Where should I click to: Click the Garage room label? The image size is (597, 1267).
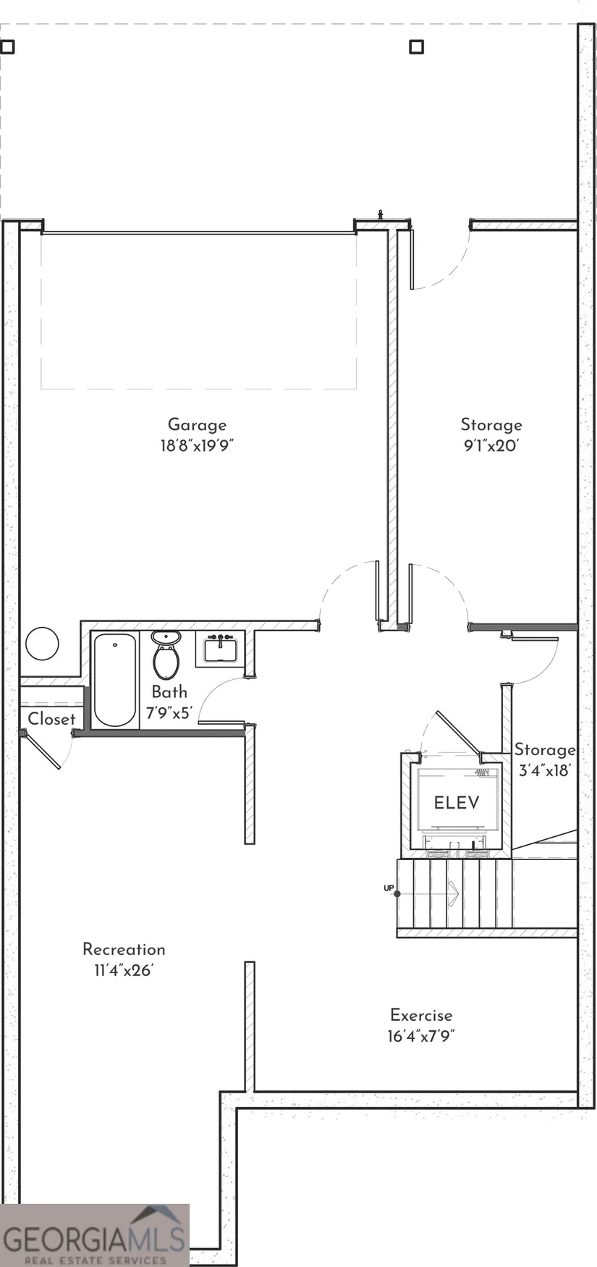197,425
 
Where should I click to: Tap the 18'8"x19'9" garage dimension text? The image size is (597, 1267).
197,445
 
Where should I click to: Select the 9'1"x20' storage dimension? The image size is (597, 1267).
491,445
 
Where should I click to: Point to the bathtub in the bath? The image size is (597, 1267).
115,680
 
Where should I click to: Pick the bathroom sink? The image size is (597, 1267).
220,649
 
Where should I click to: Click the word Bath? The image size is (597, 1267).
169,692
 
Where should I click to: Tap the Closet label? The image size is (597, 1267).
51,719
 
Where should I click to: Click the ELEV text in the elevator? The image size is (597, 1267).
457,802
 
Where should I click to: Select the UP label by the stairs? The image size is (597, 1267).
389,887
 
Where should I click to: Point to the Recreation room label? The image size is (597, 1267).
124,949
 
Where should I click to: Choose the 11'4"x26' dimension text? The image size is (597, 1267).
124,970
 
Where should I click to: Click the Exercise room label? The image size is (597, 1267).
421,1015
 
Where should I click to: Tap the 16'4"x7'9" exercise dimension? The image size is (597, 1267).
421,1036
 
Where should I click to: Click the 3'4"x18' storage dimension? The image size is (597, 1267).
545,770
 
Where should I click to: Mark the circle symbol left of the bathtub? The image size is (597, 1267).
42,643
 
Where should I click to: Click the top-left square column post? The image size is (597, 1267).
7,47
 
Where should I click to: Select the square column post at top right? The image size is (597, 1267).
416,47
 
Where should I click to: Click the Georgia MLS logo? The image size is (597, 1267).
95,1235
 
